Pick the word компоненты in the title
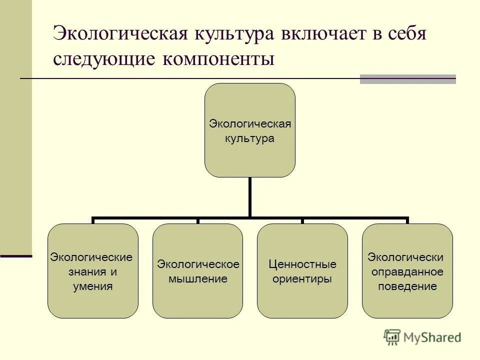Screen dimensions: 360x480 [x=218, y=59]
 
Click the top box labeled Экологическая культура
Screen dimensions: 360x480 [x=249, y=130]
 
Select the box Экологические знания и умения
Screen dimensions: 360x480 [x=92, y=271]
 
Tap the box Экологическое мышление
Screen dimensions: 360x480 [x=197, y=271]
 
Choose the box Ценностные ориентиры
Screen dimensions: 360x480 [x=302, y=271]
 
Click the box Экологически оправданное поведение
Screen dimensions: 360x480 [x=407, y=271]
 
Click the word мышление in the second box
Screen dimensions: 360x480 [x=198, y=279]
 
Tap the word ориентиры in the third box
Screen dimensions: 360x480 [x=302, y=279]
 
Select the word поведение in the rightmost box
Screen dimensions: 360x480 [x=407, y=287]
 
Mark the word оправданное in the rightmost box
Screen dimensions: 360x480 [x=407, y=272]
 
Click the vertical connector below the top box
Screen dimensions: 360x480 [x=249, y=197]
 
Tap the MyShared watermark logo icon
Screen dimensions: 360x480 [x=392, y=337]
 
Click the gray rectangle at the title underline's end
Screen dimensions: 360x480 [x=407, y=79]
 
